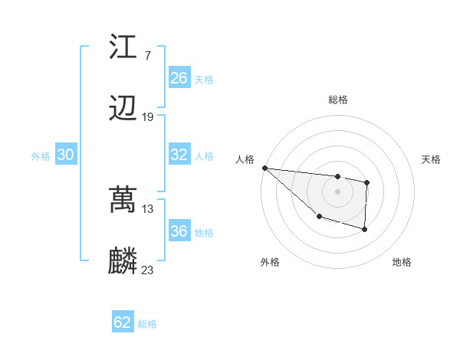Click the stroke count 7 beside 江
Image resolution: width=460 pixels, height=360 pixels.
point(147,56)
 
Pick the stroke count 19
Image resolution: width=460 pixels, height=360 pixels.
point(148,117)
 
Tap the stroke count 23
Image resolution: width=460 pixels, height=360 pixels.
point(148,270)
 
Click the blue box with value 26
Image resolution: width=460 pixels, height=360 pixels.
point(179,78)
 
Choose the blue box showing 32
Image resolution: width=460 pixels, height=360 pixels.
point(179,155)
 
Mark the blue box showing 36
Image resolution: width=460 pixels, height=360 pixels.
point(179,231)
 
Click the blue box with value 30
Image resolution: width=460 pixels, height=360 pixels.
point(66,155)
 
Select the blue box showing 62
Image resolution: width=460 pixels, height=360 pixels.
point(123,322)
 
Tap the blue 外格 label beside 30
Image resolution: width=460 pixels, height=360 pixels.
point(41,155)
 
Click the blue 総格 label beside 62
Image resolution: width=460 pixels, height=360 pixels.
point(147,324)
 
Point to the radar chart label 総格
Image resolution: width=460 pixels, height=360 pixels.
point(338,100)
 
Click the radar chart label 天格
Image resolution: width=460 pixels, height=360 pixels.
point(432,159)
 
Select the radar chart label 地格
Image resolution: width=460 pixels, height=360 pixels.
point(402,262)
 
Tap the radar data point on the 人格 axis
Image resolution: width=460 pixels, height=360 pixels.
point(264,168)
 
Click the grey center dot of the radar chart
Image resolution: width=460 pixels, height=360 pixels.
point(337,191)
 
